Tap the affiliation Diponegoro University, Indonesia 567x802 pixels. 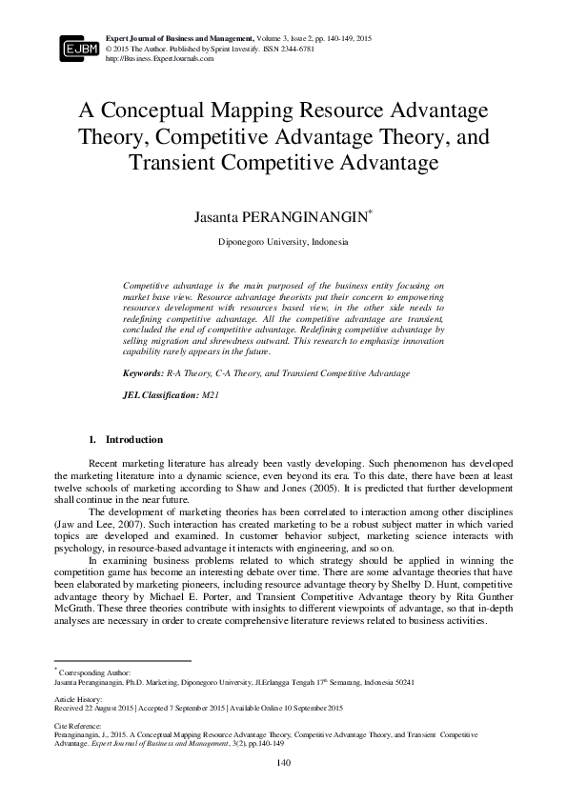pos(283,242)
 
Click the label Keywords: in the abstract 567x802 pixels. pos(145,374)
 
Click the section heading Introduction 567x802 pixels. pos(133,440)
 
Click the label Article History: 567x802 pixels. pos(76,698)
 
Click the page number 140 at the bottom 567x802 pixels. pos(283,763)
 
